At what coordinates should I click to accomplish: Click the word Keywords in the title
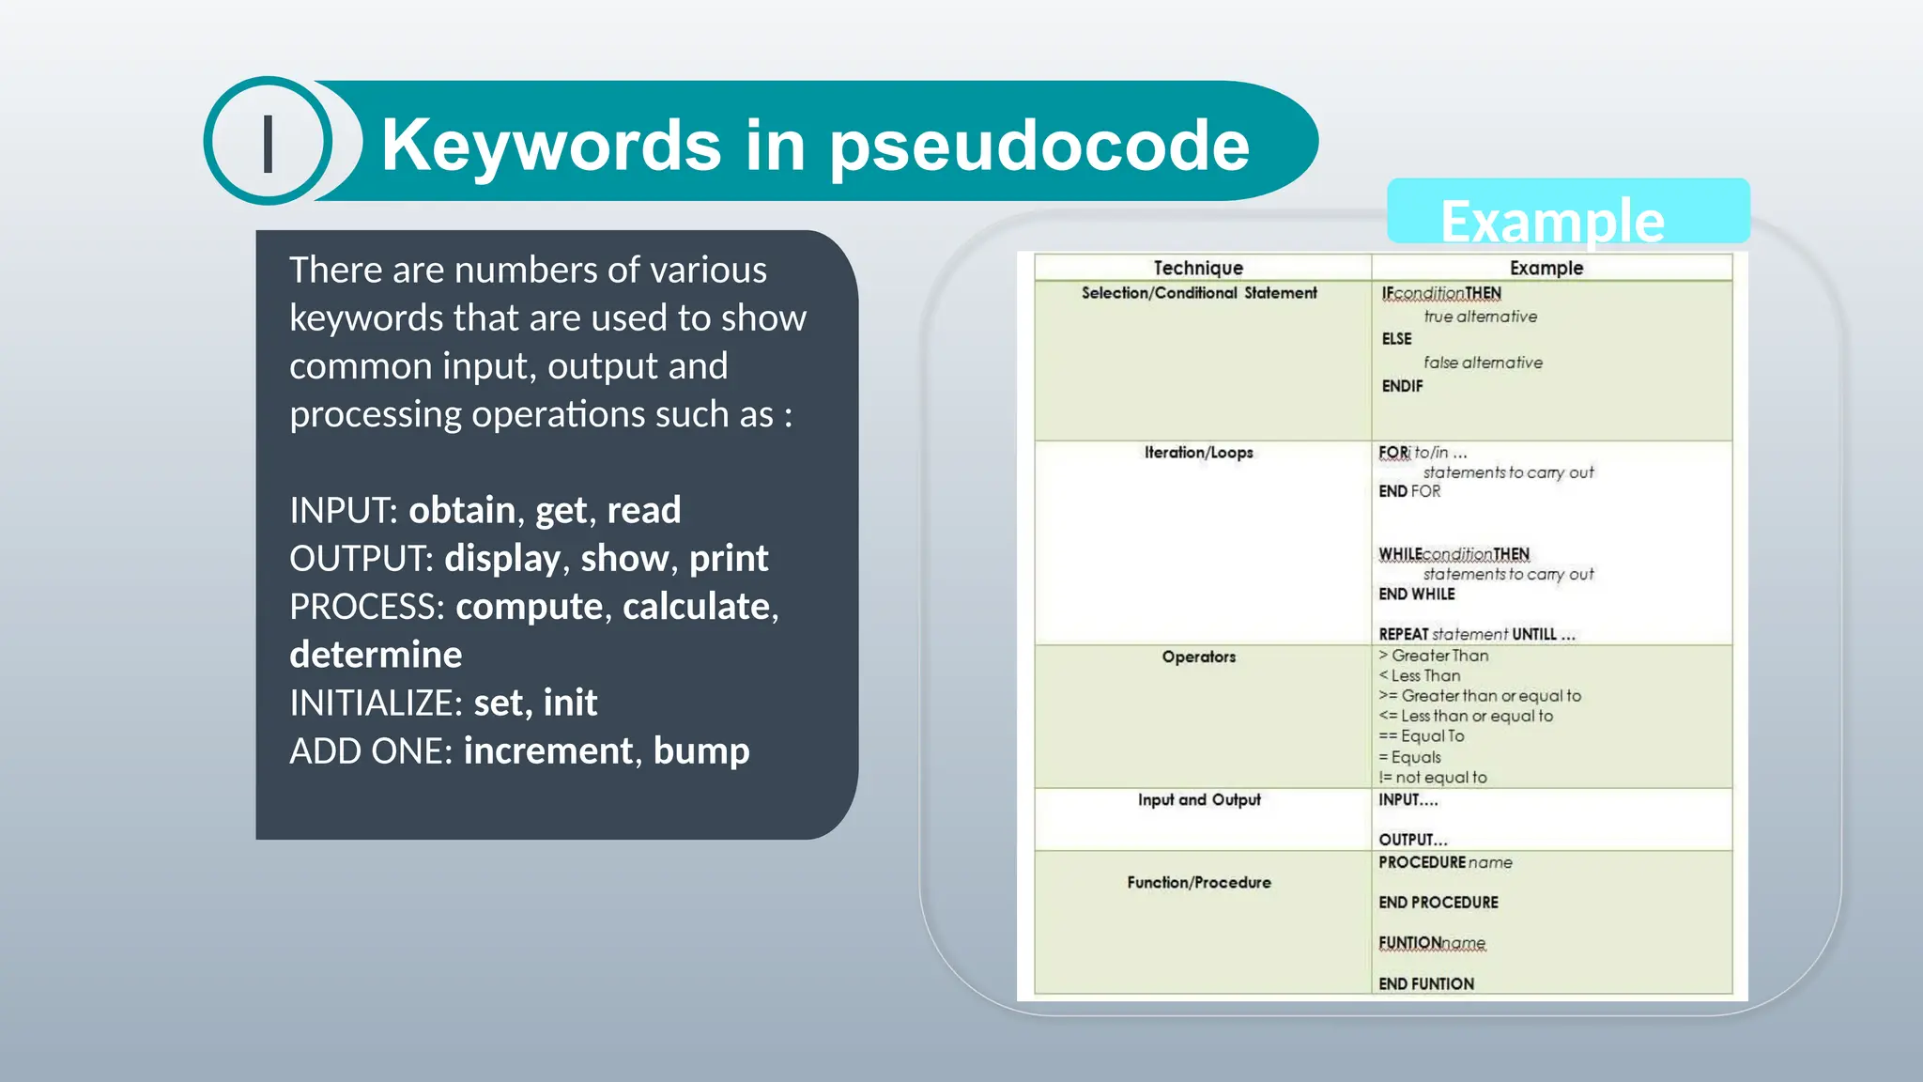[x=551, y=146]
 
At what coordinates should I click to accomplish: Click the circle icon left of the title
[x=269, y=142]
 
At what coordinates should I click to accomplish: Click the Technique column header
[x=1198, y=269]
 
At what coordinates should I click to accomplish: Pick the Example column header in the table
[x=1546, y=269]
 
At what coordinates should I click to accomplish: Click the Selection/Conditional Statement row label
[x=1199, y=293]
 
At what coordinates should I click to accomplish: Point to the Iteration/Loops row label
[x=1198, y=453]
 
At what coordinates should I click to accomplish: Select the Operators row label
[x=1198, y=657]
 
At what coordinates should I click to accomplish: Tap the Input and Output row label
[x=1199, y=799]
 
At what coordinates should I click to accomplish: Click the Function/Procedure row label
[x=1199, y=882]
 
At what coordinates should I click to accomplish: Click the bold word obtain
[x=462, y=510]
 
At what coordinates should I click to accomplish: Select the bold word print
[x=729, y=558]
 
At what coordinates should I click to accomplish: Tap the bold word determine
[x=376, y=655]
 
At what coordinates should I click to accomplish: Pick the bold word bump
[x=700, y=750]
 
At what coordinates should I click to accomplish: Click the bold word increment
[x=548, y=750]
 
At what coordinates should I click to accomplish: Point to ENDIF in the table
[x=1402, y=386]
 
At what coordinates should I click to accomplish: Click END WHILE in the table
[x=1416, y=595]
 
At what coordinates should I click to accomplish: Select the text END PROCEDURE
[x=1438, y=903]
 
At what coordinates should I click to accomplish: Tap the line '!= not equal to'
[x=1433, y=778]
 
